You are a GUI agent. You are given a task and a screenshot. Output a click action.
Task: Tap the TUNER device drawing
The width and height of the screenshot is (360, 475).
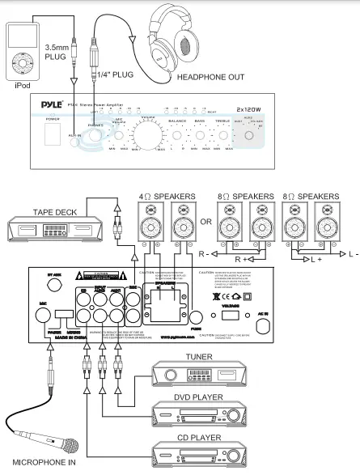point(198,376)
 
